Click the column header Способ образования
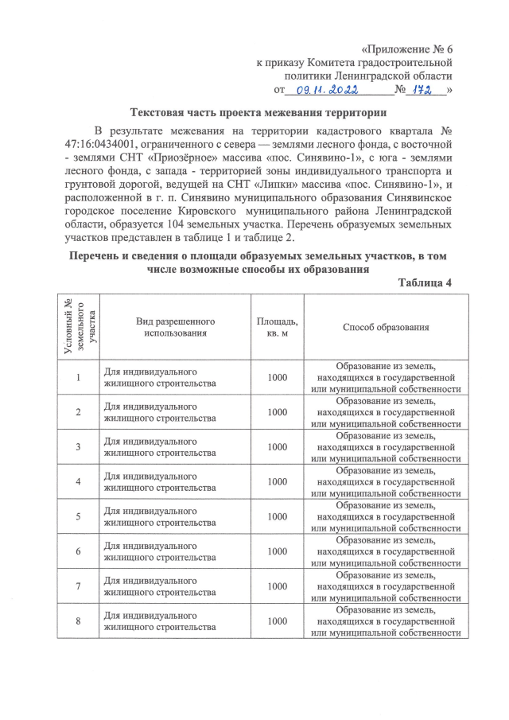(387, 327)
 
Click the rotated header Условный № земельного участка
(78, 327)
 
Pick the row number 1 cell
(78, 377)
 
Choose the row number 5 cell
(78, 516)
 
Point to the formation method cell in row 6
(387, 551)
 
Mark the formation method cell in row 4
(387, 481)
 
